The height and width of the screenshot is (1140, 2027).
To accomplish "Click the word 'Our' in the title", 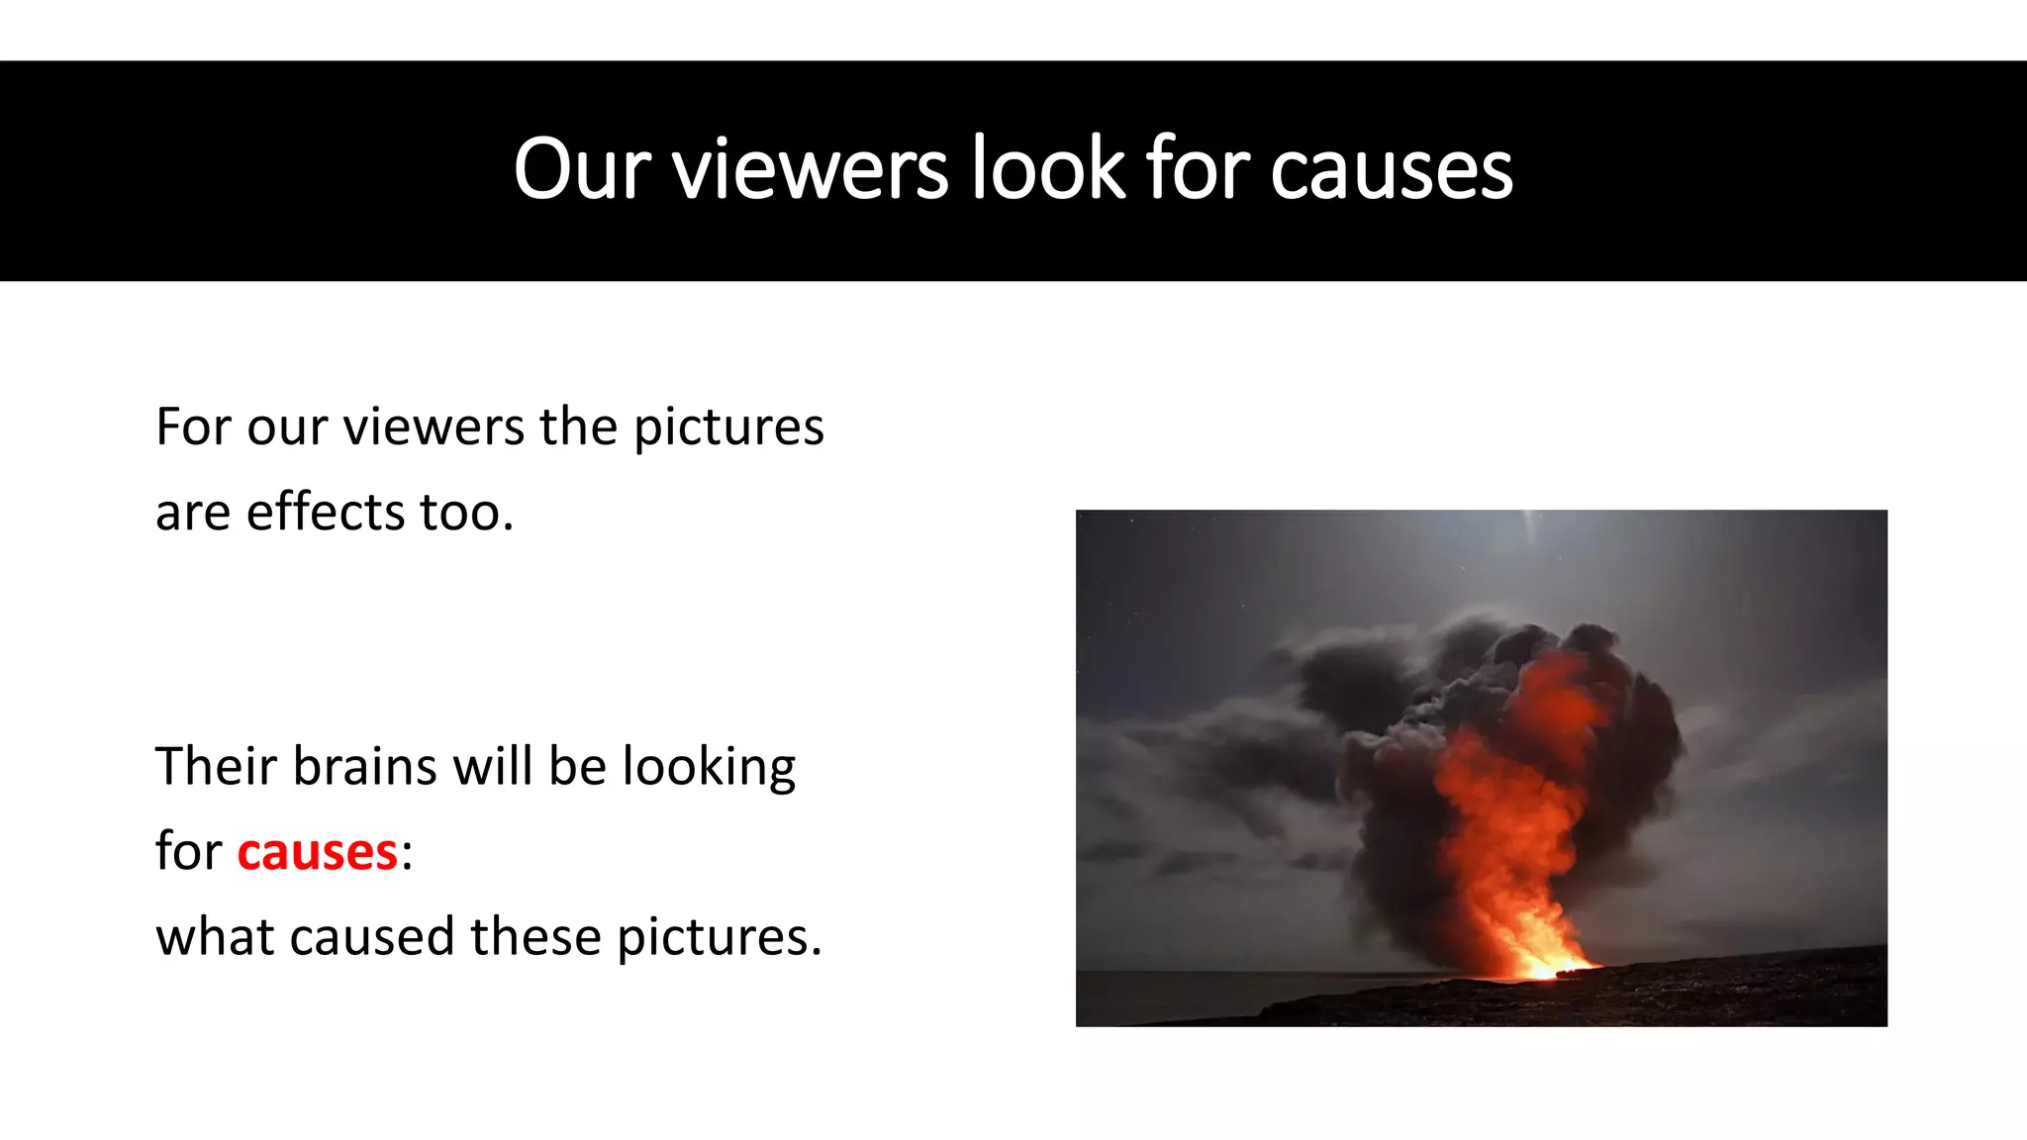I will click(x=582, y=169).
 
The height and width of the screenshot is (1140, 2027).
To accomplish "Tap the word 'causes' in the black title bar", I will click(x=1391, y=171).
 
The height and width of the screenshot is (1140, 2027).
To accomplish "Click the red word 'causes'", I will click(x=317, y=852).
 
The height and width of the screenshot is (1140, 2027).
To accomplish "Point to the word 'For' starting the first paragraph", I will click(x=193, y=427).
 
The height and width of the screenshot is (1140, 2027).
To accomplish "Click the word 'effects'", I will click(x=326, y=513).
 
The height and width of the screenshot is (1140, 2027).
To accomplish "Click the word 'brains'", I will click(x=364, y=767).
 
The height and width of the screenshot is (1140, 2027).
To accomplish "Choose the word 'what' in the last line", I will click(x=215, y=937).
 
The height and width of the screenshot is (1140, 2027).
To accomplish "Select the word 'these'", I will click(x=535, y=937).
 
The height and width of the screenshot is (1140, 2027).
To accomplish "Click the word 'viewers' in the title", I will click(x=811, y=169).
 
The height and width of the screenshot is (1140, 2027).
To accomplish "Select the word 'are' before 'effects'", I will click(x=193, y=513).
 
